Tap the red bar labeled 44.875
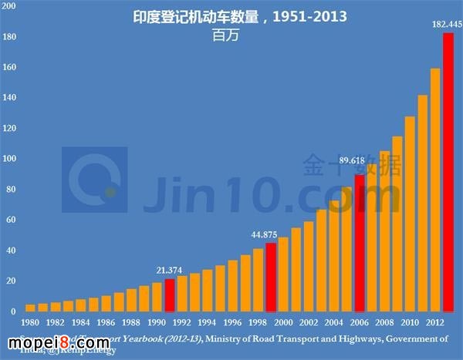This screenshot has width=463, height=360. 271,277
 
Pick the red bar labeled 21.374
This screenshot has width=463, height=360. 170,294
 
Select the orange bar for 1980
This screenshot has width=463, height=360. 30,308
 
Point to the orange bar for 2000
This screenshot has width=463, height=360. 283,274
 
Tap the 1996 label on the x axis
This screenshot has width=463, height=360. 231,321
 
